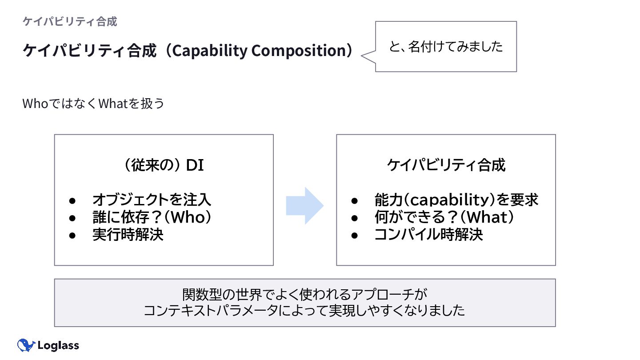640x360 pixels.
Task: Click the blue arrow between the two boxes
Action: tap(305, 205)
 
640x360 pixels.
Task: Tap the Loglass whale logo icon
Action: tap(26, 345)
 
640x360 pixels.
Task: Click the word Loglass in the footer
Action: tap(58, 345)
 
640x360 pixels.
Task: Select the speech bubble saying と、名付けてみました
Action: tap(446, 46)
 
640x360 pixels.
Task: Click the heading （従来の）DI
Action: tap(164, 165)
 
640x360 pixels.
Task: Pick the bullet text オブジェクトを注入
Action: tap(152, 200)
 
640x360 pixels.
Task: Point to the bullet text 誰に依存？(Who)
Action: tap(151, 217)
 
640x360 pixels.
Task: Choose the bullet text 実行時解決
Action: tap(128, 234)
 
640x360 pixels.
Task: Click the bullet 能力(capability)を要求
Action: tap(456, 200)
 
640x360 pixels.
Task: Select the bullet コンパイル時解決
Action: tap(428, 234)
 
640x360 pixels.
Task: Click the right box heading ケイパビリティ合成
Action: tap(446, 165)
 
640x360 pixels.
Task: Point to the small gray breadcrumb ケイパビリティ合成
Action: tap(70, 21)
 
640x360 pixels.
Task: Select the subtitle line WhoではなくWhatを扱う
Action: tap(93, 104)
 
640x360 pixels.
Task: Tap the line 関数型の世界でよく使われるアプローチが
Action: tap(304, 294)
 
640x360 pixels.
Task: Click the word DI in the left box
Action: tap(195, 165)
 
